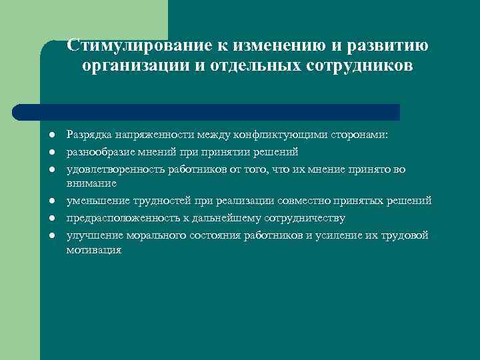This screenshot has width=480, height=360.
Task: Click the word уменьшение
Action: click(95, 201)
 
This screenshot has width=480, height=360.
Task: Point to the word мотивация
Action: click(93, 249)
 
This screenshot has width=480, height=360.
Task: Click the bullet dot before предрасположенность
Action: click(51, 218)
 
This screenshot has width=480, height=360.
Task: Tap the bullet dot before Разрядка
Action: click(51, 135)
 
